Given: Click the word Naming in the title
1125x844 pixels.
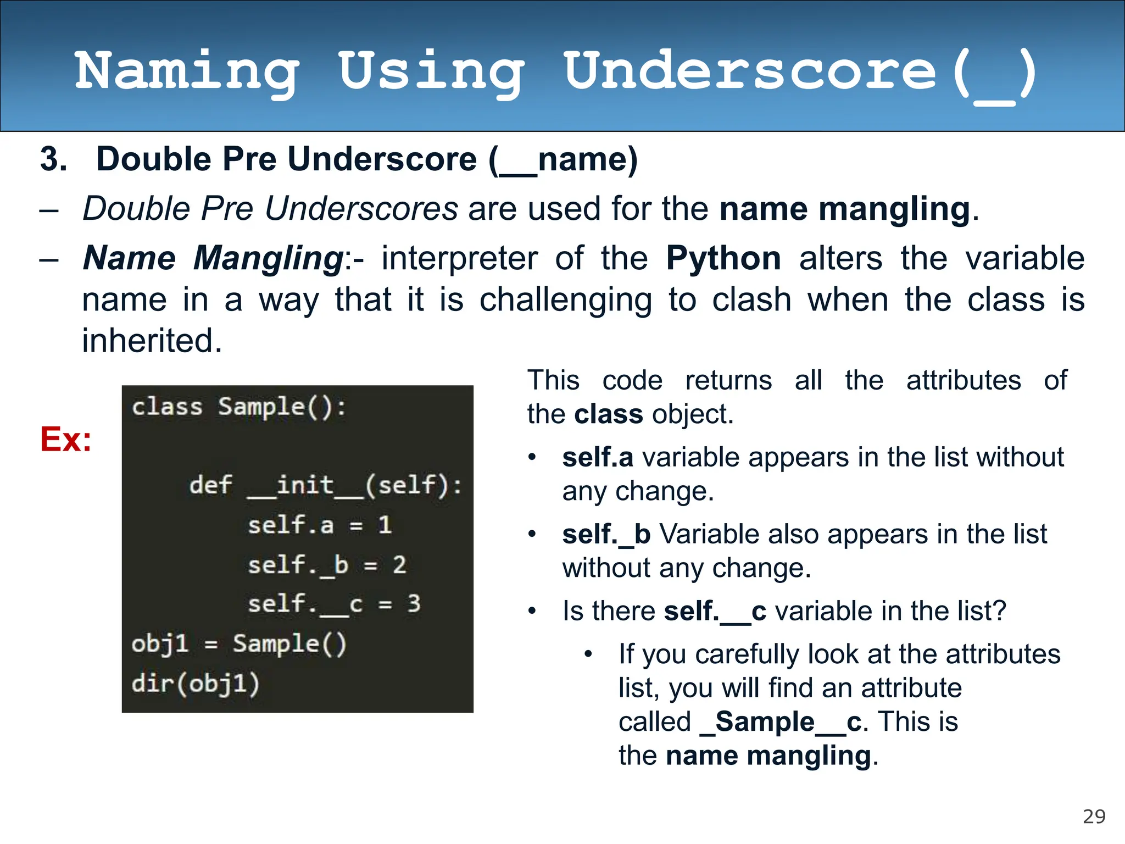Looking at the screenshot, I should tap(187, 71).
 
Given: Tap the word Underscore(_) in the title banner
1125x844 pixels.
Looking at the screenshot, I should tap(799, 71).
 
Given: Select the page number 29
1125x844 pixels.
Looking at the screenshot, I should tap(1094, 817).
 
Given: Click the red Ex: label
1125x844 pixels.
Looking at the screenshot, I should tap(66, 440).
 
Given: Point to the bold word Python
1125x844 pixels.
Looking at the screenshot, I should tap(723, 258).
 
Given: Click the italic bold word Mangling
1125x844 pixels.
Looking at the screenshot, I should tap(268, 258).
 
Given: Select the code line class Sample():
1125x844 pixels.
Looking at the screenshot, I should tap(239, 408).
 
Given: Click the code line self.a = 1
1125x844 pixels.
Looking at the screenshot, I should tap(320, 525).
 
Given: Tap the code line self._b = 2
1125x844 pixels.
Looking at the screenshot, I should tap(327, 565).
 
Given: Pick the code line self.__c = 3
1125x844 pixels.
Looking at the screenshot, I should tap(334, 604).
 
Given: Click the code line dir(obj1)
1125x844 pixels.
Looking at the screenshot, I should tap(195, 684).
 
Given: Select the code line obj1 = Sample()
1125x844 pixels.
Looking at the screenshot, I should tap(239, 644).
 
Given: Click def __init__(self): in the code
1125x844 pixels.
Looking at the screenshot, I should tap(325, 486).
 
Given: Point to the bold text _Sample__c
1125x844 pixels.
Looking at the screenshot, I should tap(781, 721).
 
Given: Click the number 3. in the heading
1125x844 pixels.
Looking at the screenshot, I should tap(54, 159).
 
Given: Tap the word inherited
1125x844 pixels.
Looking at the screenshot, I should tap(152, 341).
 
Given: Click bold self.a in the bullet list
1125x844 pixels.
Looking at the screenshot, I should tap(598, 457).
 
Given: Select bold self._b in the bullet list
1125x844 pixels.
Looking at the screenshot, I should tap(606, 534).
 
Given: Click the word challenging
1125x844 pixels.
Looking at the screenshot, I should tap(566, 300).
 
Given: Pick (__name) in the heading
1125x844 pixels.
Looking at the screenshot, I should tap(563, 159).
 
